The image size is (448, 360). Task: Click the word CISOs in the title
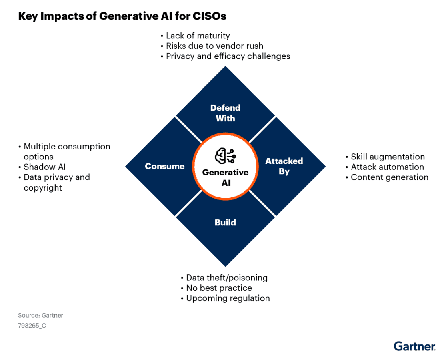[x=210, y=16]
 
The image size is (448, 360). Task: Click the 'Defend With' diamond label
[x=226, y=113]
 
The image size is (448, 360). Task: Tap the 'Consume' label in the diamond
[x=164, y=166]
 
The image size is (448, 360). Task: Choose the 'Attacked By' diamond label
[x=284, y=166]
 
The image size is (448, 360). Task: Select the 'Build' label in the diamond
[x=226, y=223]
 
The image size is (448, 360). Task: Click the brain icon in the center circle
[x=226, y=156]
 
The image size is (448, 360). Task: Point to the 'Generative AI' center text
[x=226, y=177]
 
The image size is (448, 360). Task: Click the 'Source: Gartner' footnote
[x=40, y=316]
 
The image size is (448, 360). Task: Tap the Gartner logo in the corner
[x=414, y=346]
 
